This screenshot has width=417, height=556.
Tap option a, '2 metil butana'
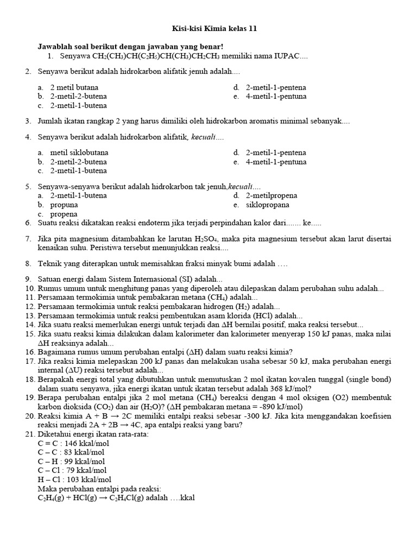74,87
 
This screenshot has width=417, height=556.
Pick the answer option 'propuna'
64,205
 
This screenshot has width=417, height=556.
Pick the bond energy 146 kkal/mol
87,443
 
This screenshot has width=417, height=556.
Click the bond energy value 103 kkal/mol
88,479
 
